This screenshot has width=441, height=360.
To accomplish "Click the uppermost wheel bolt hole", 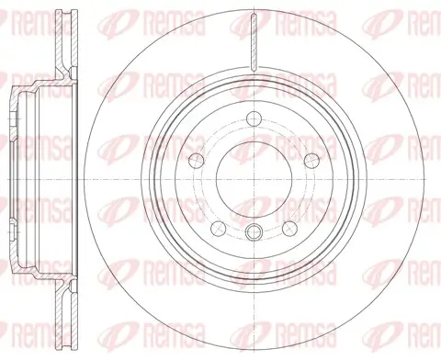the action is [254, 118].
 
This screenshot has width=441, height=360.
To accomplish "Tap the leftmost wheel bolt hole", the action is [197, 159].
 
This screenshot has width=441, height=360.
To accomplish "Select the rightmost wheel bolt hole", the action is [311, 159].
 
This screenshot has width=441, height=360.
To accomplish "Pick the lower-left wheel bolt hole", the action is [219, 229].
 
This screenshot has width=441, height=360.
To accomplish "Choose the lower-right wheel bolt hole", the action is [289, 229].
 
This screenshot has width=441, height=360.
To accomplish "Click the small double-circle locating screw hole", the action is [254, 231].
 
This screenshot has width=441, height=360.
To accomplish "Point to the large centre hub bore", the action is [254, 179].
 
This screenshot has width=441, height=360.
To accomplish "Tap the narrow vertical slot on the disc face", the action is [254, 42].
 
